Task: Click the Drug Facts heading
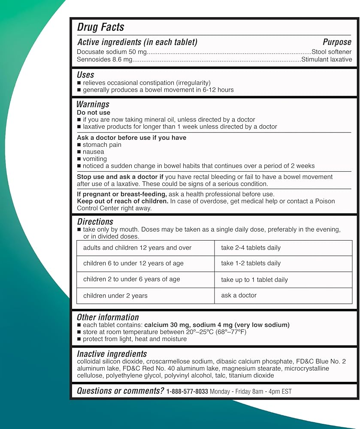click(100, 27)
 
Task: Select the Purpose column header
click(337, 42)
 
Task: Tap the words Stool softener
click(331, 52)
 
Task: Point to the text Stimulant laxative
click(327, 60)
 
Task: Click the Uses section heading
click(85, 75)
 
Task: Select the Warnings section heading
click(93, 104)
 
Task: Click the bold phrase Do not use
click(94, 112)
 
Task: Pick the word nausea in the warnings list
click(93, 152)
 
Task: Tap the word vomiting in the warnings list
click(95, 159)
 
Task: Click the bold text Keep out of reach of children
click(122, 201)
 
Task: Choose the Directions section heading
click(95, 222)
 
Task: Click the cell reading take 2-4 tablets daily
click(251, 248)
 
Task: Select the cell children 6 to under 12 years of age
click(133, 263)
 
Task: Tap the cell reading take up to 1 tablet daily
click(254, 280)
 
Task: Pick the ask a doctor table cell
click(239, 296)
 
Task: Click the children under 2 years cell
click(115, 296)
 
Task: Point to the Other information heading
click(108, 317)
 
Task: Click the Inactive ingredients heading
click(112, 354)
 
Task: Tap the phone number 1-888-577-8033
click(187, 391)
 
